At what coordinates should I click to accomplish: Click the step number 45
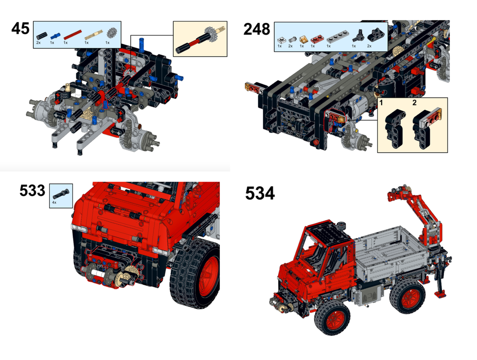point(21,29)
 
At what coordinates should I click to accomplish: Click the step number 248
point(257,29)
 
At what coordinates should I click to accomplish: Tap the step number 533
point(32,191)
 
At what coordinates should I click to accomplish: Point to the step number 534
point(260,193)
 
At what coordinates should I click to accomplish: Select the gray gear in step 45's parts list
point(112,34)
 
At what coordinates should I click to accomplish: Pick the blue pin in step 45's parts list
point(56,35)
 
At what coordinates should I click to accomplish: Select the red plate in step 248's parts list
point(315,38)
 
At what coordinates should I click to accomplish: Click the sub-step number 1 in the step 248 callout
point(382,103)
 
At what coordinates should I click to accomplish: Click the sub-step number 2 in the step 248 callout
point(415,103)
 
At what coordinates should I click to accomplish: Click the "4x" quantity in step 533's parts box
point(54,203)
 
